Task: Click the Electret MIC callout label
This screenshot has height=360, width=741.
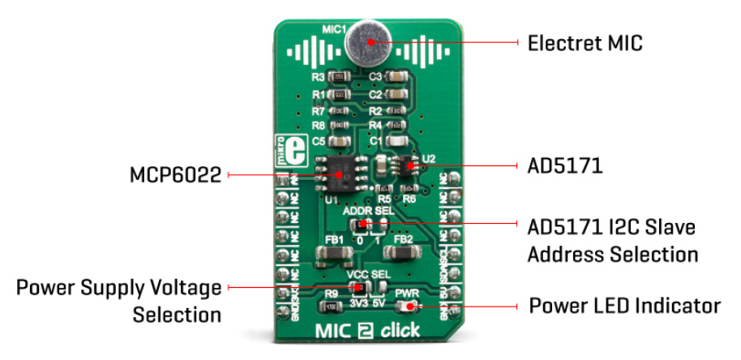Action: coord(585,43)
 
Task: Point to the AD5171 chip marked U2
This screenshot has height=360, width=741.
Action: coord(409,165)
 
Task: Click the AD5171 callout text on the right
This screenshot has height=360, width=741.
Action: coord(565,166)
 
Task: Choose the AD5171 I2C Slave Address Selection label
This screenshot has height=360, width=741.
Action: coord(612,239)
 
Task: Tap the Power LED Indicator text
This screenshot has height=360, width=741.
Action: coord(624,306)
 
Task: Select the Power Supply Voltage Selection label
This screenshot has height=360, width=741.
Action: coord(118,300)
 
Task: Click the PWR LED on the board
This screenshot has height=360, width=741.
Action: coord(405,306)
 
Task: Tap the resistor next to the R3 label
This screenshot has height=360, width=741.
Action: coord(341,77)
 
